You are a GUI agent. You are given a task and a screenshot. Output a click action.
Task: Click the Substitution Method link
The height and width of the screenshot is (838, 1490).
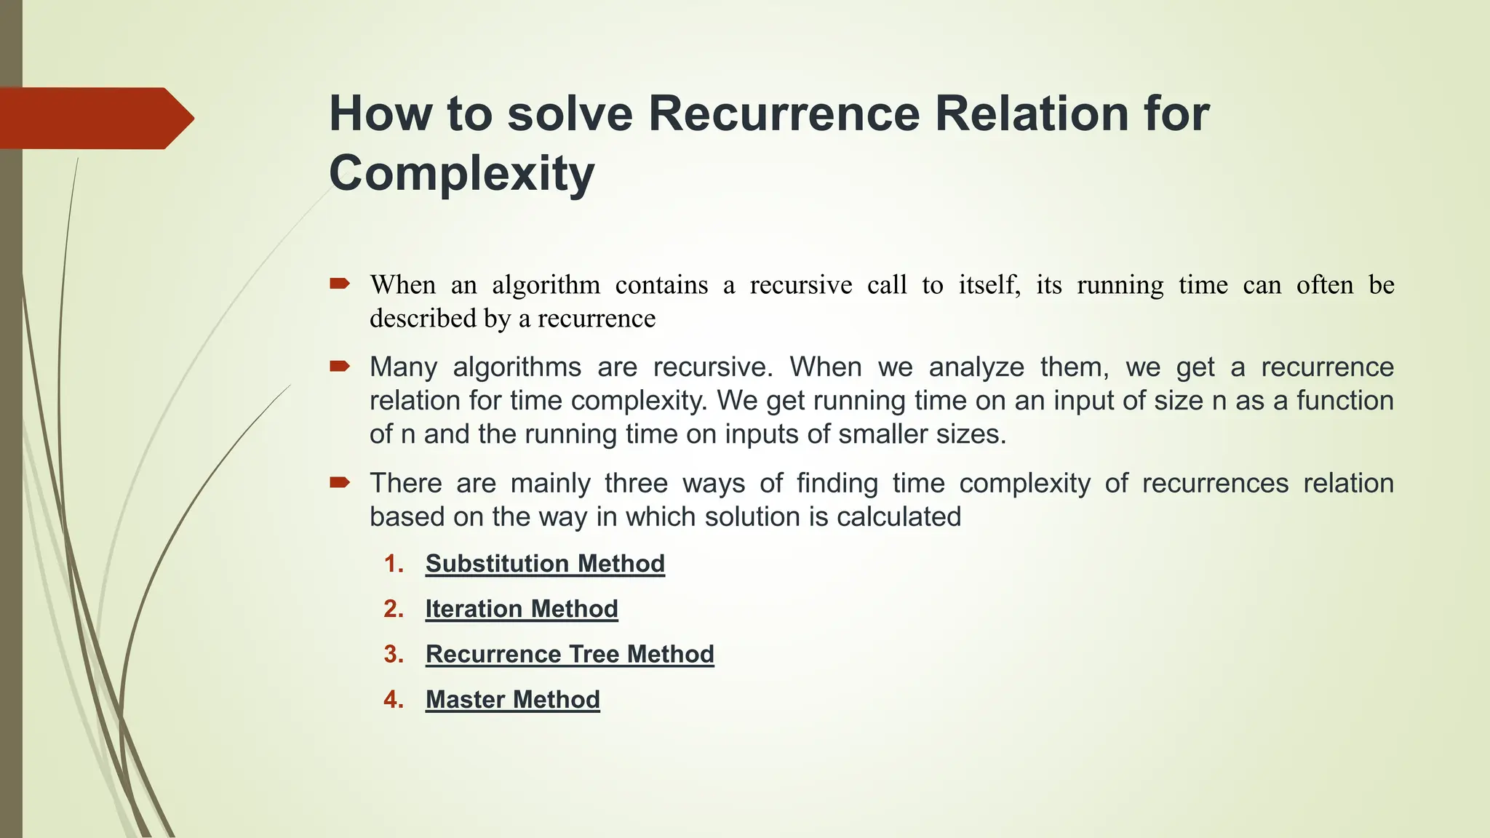tap(545, 564)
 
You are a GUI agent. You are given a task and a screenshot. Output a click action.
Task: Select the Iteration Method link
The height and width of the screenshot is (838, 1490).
tap(522, 609)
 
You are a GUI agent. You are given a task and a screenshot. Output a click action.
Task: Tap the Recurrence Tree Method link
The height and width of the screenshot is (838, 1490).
tap(570, 654)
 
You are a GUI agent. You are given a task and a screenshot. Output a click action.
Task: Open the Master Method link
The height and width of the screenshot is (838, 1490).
tap(512, 700)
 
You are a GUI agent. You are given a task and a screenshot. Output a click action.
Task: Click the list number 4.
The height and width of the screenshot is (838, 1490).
tap(393, 700)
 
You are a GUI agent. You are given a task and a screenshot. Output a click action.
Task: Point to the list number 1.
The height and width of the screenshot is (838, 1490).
tap(393, 564)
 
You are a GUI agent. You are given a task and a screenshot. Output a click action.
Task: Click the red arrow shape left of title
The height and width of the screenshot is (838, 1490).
tap(95, 118)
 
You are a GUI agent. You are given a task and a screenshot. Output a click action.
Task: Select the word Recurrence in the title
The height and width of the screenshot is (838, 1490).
tap(784, 113)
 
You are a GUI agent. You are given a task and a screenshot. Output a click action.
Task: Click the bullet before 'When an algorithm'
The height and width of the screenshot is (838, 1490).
tap(339, 284)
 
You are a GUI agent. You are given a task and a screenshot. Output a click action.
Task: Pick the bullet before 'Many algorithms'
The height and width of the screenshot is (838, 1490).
tap(339, 366)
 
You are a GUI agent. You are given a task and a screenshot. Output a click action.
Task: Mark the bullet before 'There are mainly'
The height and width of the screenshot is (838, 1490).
tap(339, 482)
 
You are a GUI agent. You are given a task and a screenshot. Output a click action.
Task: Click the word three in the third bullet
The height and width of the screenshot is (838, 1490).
tap(636, 483)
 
